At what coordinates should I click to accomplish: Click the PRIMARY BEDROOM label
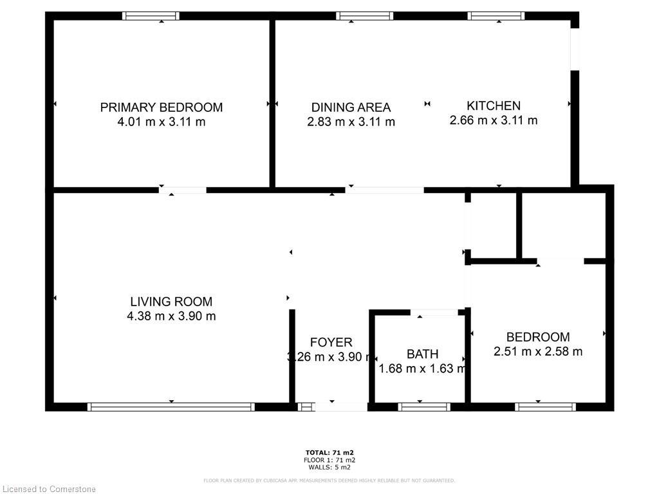point(161,107)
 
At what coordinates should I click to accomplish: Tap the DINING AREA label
point(351,107)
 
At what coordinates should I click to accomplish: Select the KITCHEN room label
point(494,105)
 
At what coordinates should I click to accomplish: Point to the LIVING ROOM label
point(171,301)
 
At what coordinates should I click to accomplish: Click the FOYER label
point(331,342)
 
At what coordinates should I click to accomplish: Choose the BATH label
point(422,354)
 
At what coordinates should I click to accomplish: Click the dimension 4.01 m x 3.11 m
point(161,122)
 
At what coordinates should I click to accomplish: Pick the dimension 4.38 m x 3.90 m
point(171,316)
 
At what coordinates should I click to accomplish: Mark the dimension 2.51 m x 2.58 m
point(538,351)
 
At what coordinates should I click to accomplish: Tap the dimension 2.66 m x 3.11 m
point(494,120)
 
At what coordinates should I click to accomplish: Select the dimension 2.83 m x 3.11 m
point(351,122)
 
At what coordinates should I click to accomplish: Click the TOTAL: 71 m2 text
point(329,452)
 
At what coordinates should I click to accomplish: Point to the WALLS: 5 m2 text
point(329,468)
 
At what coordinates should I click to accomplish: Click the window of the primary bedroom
point(151,16)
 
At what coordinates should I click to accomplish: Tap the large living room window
point(171,407)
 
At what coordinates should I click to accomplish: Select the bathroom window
point(423,407)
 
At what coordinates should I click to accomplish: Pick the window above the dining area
point(364,16)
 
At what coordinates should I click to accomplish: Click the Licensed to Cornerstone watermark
point(49,489)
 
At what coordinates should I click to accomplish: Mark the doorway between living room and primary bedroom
point(183,190)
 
